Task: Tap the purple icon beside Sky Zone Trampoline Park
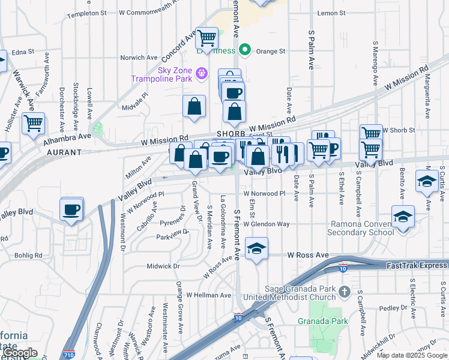tap(202, 73)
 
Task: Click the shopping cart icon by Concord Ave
tap(207, 38)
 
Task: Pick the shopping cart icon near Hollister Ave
tap(34, 123)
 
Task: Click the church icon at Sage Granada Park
tap(345, 292)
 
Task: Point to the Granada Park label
tap(323, 321)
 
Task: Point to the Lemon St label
tap(333, 13)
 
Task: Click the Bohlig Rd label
tap(29, 255)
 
